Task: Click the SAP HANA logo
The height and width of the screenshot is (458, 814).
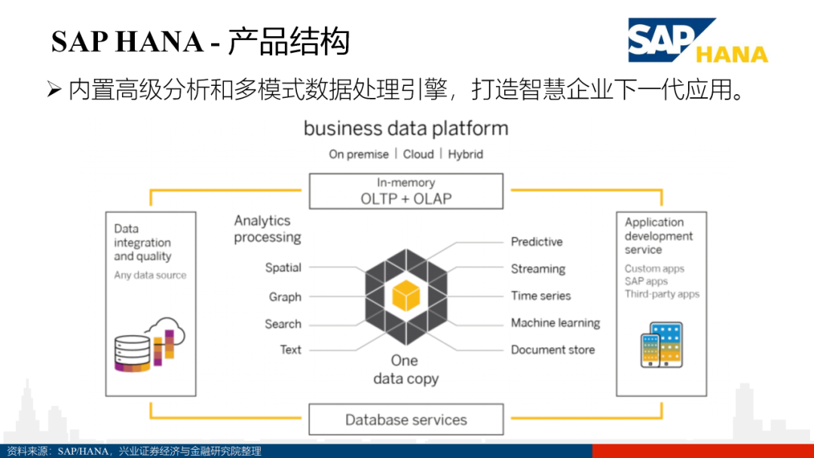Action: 697,41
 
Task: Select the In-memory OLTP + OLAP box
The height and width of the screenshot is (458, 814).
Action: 406,191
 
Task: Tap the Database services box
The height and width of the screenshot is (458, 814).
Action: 406,420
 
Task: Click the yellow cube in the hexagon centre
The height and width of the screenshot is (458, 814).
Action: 405,295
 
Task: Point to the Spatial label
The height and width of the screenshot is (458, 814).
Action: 283,267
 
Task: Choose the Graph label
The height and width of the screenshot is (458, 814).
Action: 285,297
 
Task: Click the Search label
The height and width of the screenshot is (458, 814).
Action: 283,324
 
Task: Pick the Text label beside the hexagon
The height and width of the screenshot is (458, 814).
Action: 290,350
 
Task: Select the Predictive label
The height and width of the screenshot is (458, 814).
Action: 537,242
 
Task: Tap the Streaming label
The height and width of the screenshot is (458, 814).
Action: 538,269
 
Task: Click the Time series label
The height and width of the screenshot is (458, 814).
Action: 541,296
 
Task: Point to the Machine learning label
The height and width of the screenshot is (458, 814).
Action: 555,323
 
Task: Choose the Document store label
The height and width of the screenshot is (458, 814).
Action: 552,350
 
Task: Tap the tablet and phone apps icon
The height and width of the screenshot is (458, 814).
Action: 661,344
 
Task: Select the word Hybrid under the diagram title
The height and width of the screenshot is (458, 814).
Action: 465,154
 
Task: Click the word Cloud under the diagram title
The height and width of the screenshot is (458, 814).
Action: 418,154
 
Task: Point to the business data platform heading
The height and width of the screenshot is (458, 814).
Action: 406,129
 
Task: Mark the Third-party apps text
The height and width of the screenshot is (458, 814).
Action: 662,295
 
